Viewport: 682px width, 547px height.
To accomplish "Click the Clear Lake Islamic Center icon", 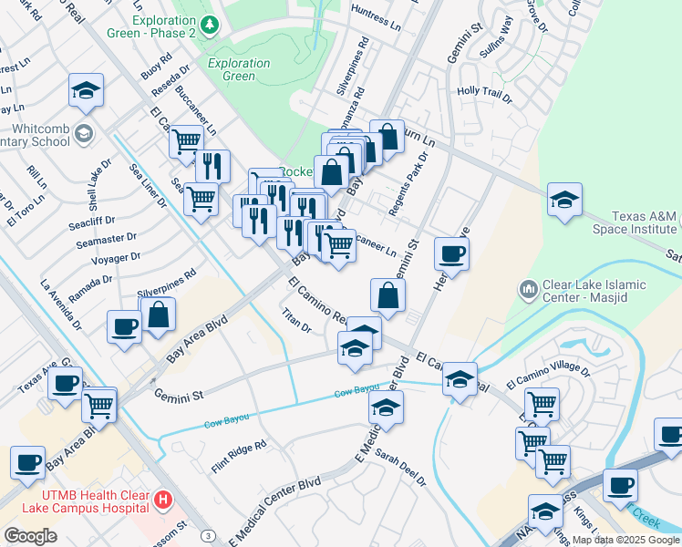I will [528, 291].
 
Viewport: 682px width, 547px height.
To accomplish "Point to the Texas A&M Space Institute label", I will [633, 223].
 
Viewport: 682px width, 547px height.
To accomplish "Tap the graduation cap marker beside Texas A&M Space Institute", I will [564, 201].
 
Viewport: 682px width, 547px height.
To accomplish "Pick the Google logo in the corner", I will [30, 535].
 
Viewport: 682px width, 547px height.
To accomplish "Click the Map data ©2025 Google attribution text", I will [625, 540].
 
